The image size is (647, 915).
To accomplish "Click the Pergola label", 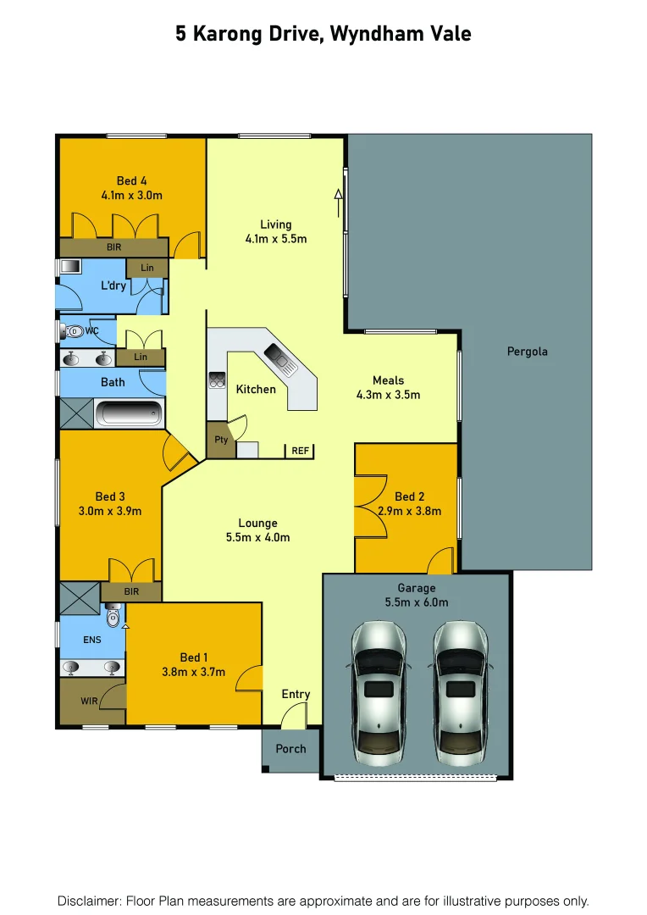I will pyautogui.click(x=527, y=351).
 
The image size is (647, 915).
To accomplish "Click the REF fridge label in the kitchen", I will pyautogui.click(x=300, y=451).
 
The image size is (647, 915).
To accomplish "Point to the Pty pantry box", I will pyautogui.click(x=221, y=441).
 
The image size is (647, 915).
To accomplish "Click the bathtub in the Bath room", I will pyautogui.click(x=129, y=414).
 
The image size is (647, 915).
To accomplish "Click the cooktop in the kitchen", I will pyautogui.click(x=215, y=380).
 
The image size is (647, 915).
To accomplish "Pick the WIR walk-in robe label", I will pyautogui.click(x=89, y=701).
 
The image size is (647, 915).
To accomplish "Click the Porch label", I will pyautogui.click(x=290, y=748).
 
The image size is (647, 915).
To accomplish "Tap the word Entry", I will pyautogui.click(x=296, y=694).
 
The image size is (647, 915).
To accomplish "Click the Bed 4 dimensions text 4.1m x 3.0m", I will pyautogui.click(x=131, y=195).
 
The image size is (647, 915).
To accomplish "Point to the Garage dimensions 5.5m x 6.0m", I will pyautogui.click(x=417, y=602).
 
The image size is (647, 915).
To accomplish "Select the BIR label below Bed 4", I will pyautogui.click(x=114, y=247).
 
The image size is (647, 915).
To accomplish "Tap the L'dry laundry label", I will pyautogui.click(x=113, y=286).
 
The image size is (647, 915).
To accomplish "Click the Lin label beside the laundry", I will pyautogui.click(x=147, y=268).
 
